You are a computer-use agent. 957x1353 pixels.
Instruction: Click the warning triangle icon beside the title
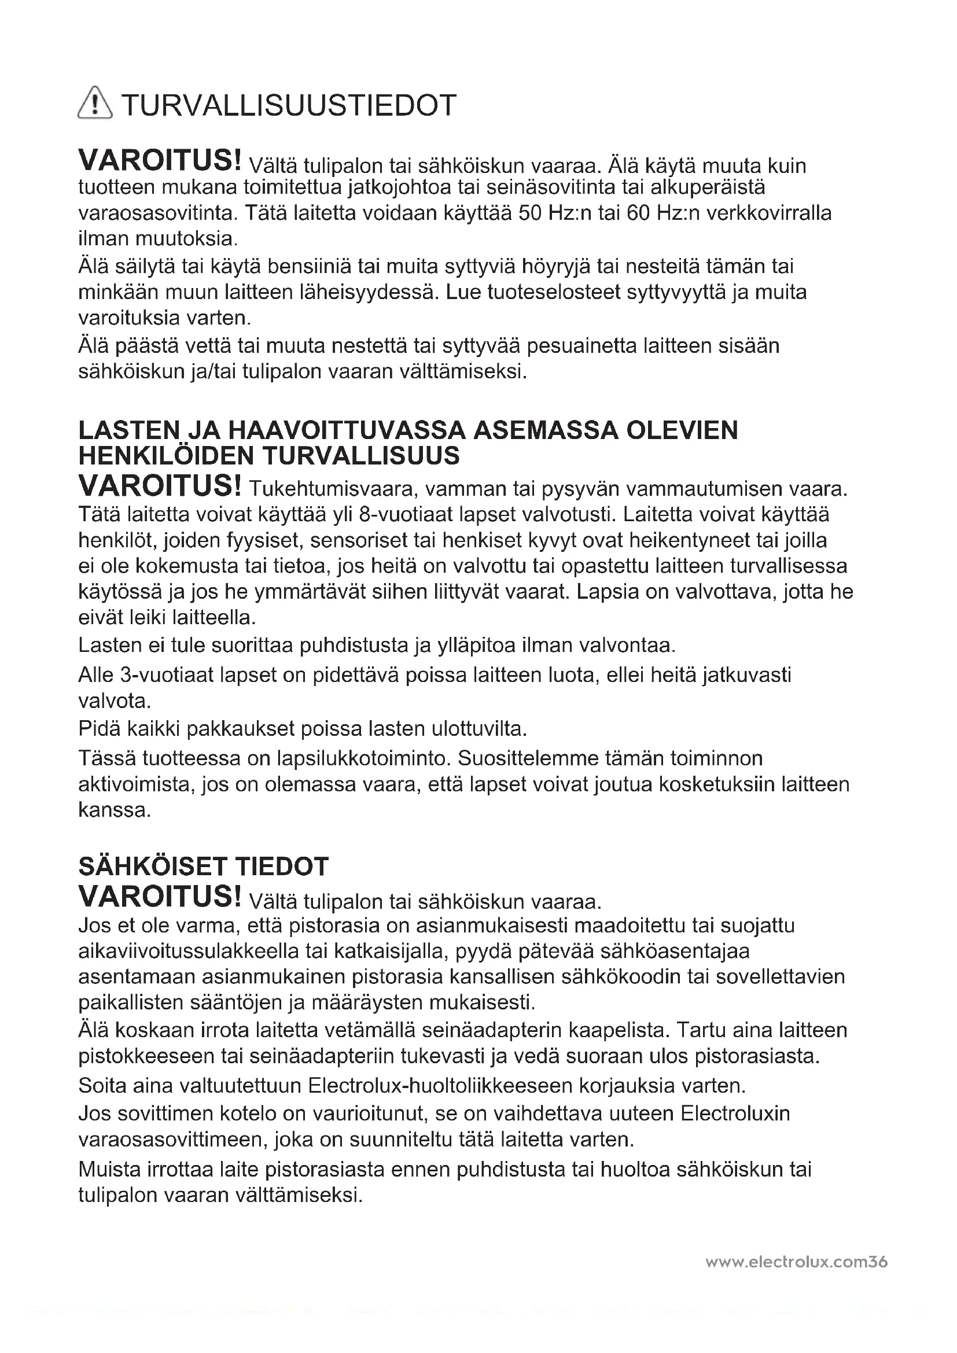pyautogui.click(x=94, y=104)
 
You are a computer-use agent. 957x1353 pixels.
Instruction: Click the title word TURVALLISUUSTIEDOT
pyautogui.click(x=289, y=105)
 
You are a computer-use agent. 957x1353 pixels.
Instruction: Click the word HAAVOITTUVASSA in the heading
pyautogui.click(x=347, y=430)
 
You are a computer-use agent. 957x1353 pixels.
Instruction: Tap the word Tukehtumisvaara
pyautogui.click(x=332, y=489)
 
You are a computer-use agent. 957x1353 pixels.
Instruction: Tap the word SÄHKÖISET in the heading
pyautogui.click(x=152, y=867)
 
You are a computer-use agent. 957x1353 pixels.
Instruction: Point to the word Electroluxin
pyautogui.click(x=735, y=1114)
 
